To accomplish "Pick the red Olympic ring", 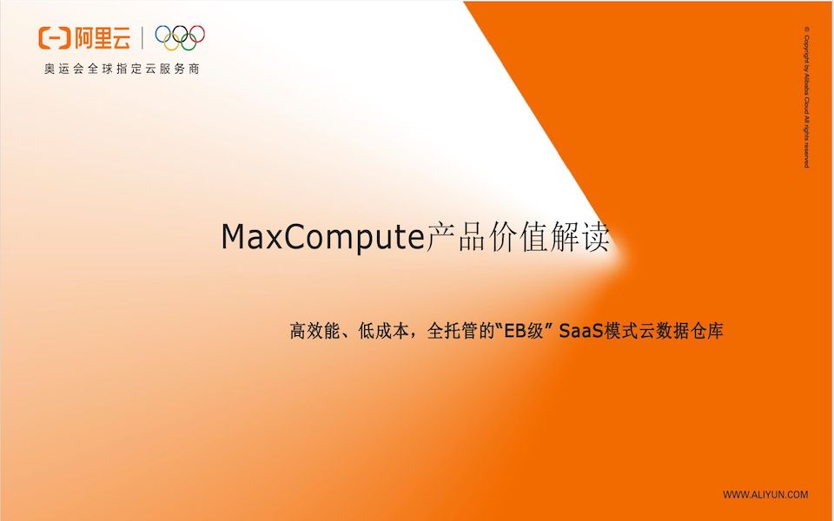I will click(x=197, y=34).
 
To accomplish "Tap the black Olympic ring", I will click(x=180, y=34).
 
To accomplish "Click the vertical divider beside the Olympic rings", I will click(x=142, y=37).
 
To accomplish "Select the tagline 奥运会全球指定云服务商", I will click(x=122, y=69).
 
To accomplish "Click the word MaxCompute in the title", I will click(x=322, y=237).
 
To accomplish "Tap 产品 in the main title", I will click(x=454, y=237).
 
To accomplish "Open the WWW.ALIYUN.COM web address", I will click(x=765, y=495).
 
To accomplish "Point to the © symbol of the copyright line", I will click(x=806, y=30).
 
